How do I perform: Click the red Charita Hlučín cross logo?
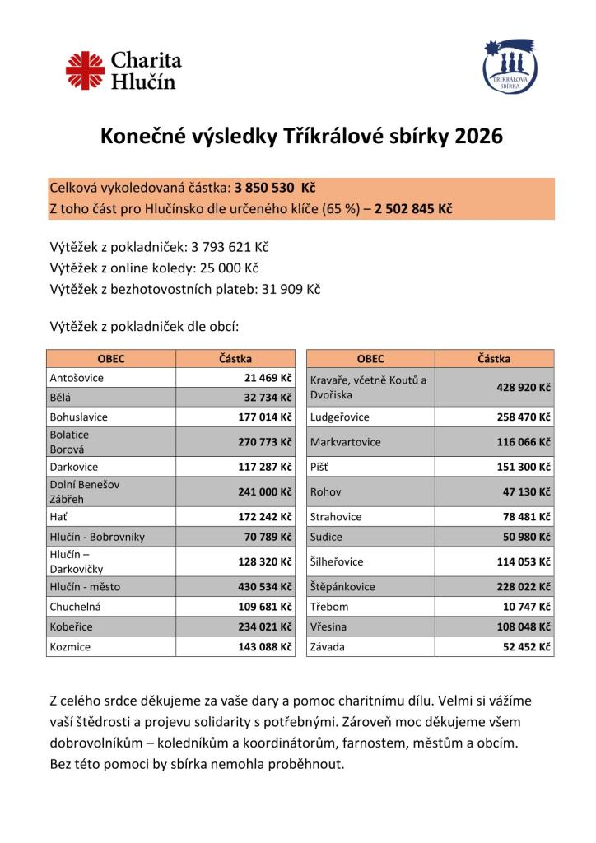[x=86, y=71]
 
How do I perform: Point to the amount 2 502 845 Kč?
[x=413, y=208]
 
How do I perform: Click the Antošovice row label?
[x=77, y=378]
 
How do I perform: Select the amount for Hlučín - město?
[x=265, y=587]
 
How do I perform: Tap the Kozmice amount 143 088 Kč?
[x=265, y=647]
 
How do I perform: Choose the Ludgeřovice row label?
[x=340, y=417]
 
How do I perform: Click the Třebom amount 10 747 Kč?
[x=526, y=607]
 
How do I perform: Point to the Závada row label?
[x=328, y=647]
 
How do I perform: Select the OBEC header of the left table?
[x=111, y=359]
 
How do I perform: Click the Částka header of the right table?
[x=493, y=359]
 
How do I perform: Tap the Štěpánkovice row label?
[x=342, y=587]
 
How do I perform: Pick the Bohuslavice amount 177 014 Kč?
[x=265, y=417]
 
